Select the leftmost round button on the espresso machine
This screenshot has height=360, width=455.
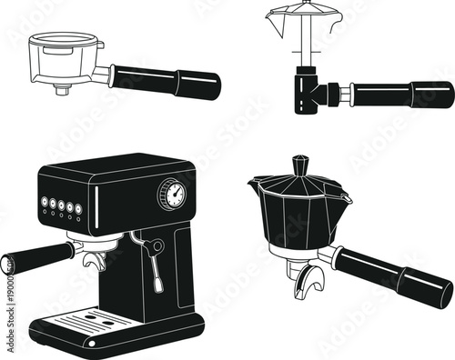pyautogui.click(x=43, y=203)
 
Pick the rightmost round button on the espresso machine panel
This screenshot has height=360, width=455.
pyautogui.click(x=79, y=208)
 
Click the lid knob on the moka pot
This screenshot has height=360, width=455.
pyautogui.click(x=301, y=165)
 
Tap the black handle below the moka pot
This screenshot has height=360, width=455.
pyautogui.click(x=391, y=275)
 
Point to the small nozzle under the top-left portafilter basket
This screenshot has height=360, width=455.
pyautogui.click(x=63, y=89)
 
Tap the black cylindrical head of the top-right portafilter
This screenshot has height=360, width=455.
pyautogui.click(x=307, y=94)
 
